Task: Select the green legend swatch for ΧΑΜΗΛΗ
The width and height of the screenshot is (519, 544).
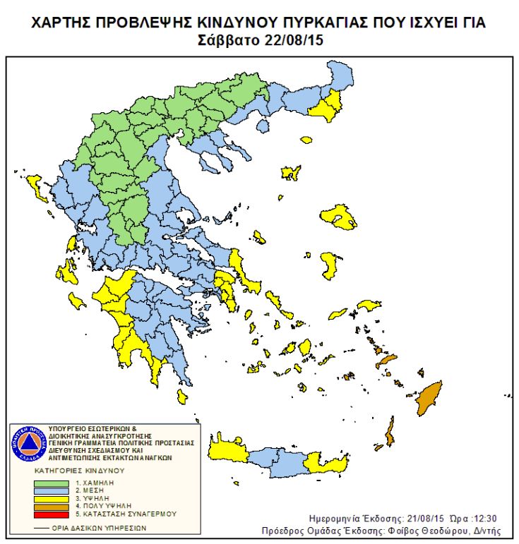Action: (x=49, y=483)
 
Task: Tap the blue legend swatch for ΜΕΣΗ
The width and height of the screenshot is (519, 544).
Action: (x=49, y=491)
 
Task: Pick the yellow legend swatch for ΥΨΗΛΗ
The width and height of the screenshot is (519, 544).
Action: (x=49, y=499)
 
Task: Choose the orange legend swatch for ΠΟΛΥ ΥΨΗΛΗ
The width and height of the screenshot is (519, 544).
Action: (x=49, y=507)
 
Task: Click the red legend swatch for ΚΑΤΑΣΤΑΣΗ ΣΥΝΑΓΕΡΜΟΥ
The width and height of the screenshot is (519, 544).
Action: (x=49, y=514)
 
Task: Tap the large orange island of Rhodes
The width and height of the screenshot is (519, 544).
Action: (x=428, y=400)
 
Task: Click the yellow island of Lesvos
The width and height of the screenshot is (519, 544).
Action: (x=340, y=218)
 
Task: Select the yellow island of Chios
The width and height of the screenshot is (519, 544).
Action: (x=328, y=265)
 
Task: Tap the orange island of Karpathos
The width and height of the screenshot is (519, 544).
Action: (x=389, y=432)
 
